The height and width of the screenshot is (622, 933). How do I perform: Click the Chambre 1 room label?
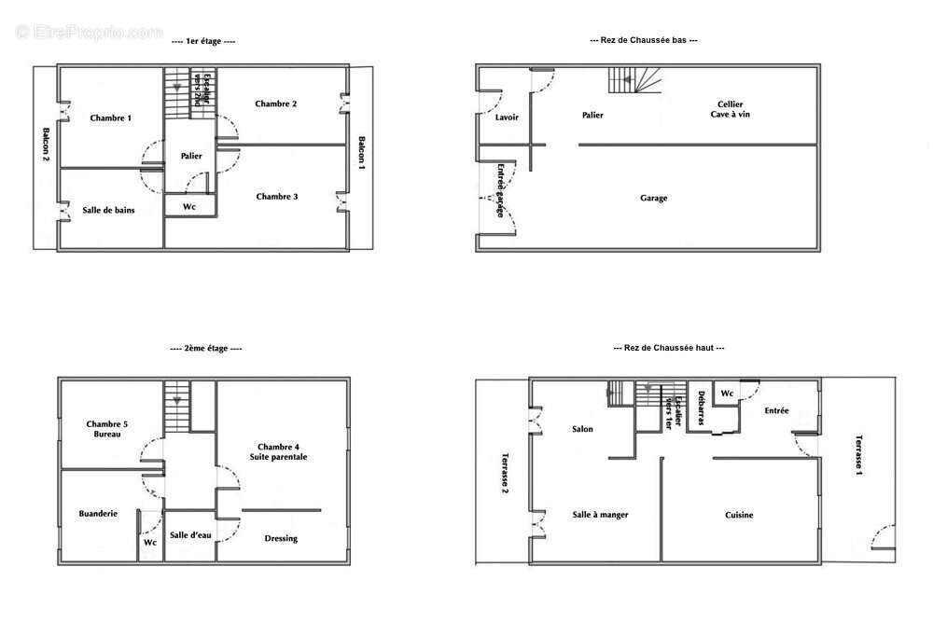(x=111, y=117)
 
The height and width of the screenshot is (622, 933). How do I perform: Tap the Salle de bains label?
(x=108, y=210)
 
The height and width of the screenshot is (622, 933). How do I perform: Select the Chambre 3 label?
(x=277, y=196)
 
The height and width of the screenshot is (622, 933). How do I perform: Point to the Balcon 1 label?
(x=361, y=153)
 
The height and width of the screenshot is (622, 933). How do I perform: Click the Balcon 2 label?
(x=46, y=145)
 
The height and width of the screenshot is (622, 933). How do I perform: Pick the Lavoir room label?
(x=507, y=117)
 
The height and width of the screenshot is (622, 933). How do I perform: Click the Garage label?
(x=653, y=198)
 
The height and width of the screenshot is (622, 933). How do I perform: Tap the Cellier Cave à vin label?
(x=731, y=109)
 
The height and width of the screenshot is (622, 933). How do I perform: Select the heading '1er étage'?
(x=203, y=41)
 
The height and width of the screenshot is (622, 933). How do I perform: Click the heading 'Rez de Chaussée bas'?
(x=643, y=40)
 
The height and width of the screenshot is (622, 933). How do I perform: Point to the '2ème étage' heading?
(x=206, y=349)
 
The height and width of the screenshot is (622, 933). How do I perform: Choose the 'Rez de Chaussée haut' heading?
(x=669, y=347)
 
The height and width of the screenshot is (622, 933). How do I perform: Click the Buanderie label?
(x=98, y=513)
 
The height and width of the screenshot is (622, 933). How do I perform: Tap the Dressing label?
(x=281, y=539)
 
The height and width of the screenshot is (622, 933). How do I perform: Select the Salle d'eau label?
(x=190, y=535)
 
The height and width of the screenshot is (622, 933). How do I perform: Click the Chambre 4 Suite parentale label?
(x=278, y=452)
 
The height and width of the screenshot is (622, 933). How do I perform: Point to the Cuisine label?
(x=739, y=515)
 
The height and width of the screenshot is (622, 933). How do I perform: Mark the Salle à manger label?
(x=600, y=515)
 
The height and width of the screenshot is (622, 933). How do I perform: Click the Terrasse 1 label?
(x=858, y=455)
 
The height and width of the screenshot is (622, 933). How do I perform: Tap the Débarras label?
(x=701, y=408)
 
